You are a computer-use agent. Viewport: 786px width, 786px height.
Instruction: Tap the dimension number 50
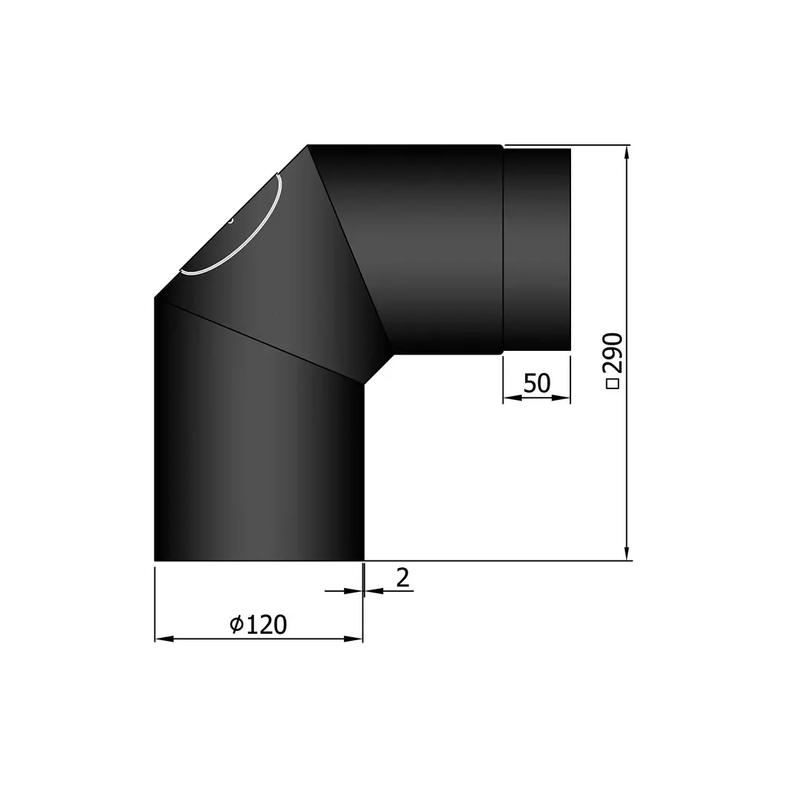click(537, 383)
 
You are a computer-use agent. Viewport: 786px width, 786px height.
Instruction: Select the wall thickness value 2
click(402, 578)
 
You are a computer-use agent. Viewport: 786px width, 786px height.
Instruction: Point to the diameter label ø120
click(259, 625)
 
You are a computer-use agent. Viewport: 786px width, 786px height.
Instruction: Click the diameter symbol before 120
click(237, 626)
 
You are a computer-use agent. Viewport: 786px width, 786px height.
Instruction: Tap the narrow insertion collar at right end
click(537, 250)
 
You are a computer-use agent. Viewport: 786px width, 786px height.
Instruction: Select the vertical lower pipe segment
click(259, 461)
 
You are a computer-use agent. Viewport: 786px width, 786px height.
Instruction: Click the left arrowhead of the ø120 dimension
click(161, 639)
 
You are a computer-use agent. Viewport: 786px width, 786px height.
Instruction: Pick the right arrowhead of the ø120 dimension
click(356, 639)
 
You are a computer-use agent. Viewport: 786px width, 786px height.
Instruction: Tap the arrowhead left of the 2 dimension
click(355, 590)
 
